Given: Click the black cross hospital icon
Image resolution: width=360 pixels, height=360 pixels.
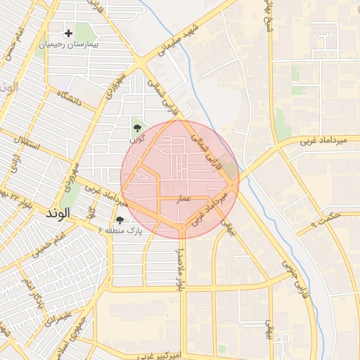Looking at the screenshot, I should click(68, 33).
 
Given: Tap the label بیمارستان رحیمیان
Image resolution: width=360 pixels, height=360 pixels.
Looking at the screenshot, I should click(69, 44).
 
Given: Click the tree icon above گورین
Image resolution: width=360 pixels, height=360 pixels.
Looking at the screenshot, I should click(136, 127).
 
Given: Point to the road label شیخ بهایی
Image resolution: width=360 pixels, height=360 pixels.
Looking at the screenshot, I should click(266, 18).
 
